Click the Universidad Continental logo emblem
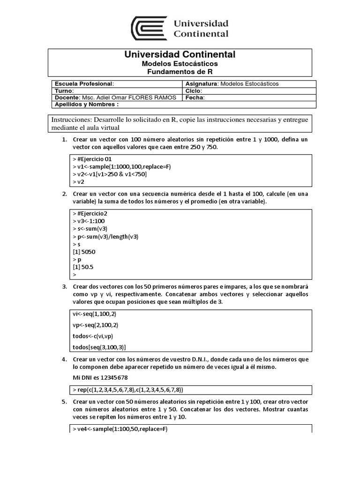coord(149,29)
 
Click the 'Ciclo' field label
coord(194,90)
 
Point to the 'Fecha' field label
coord(195,97)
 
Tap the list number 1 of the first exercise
coord(64,140)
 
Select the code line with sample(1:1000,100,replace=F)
coord(116,167)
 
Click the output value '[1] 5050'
coord(84,252)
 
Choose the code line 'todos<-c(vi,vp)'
coord(93,336)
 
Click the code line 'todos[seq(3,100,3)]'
coord(99,347)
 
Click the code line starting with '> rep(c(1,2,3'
coord(127,390)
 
